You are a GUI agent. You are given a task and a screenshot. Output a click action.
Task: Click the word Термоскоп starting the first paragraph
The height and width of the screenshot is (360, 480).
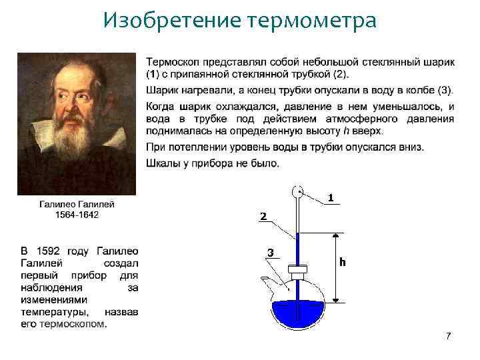click(x=173, y=63)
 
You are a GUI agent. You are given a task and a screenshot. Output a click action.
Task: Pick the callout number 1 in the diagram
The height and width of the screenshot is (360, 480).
click(x=331, y=198)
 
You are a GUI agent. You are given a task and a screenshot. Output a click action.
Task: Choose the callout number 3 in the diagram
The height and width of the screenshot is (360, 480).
click(x=270, y=253)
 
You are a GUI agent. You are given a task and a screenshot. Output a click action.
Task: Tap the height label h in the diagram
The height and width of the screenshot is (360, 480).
click(x=343, y=262)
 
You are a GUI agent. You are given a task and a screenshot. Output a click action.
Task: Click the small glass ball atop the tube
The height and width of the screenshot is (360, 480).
click(x=297, y=193)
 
